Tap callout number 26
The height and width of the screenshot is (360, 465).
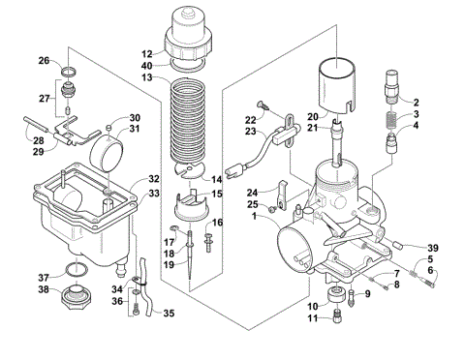[x=44, y=60]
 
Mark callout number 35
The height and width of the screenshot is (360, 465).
[x=169, y=313]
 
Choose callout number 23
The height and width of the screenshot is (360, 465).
[x=252, y=131]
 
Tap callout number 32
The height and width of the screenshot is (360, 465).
[x=153, y=179]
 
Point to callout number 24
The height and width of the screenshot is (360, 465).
[x=252, y=192]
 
